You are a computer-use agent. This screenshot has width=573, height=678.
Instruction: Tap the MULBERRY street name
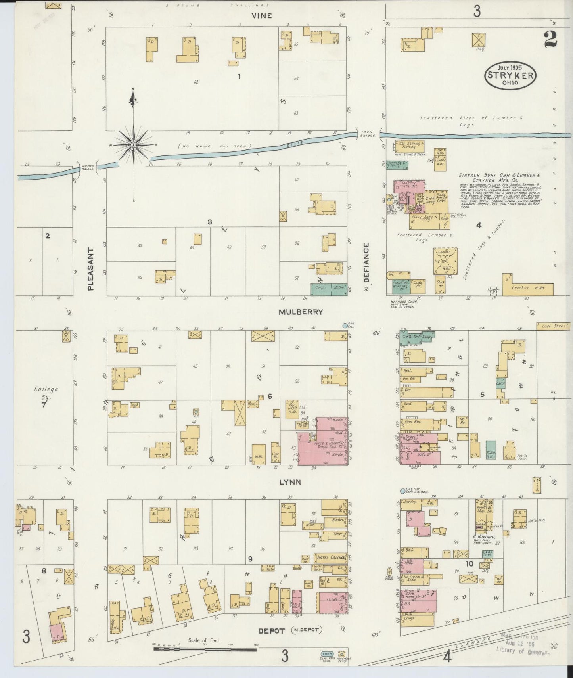click(301, 312)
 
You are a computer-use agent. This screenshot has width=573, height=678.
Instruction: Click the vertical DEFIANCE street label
click(366, 262)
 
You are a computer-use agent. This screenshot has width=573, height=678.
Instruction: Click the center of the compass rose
click(134, 145)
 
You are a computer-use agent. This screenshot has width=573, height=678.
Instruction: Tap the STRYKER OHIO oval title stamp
click(510, 75)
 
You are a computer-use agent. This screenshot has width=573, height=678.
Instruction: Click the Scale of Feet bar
click(205, 650)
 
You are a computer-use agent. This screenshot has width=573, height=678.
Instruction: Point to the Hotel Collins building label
click(330, 557)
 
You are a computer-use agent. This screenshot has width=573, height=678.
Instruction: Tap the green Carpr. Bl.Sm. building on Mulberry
click(328, 289)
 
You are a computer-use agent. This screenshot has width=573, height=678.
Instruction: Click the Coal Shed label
click(554, 326)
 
